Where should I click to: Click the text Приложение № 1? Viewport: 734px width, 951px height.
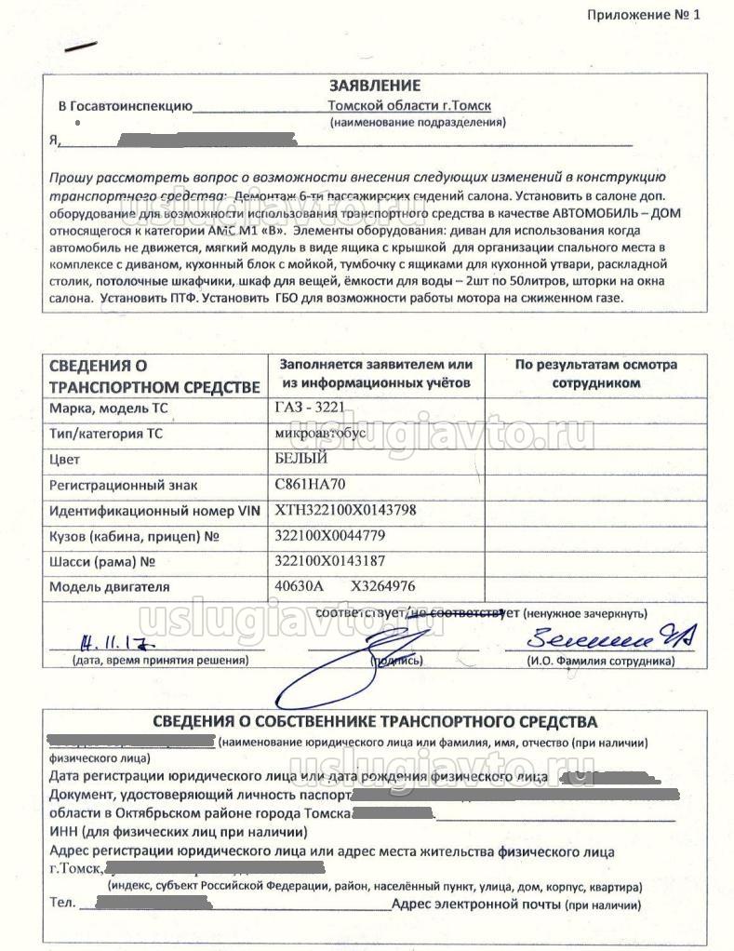pyautogui.click(x=643, y=14)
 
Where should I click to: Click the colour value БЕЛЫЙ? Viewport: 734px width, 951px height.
pyautogui.click(x=302, y=458)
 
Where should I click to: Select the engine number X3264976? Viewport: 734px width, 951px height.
pyautogui.click(x=382, y=586)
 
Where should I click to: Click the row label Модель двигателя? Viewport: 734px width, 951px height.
pyautogui.click(x=110, y=586)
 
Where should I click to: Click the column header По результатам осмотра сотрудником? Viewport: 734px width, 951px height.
pyautogui.click(x=595, y=373)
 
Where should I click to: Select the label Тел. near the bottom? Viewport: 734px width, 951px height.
pyautogui.click(x=61, y=904)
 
